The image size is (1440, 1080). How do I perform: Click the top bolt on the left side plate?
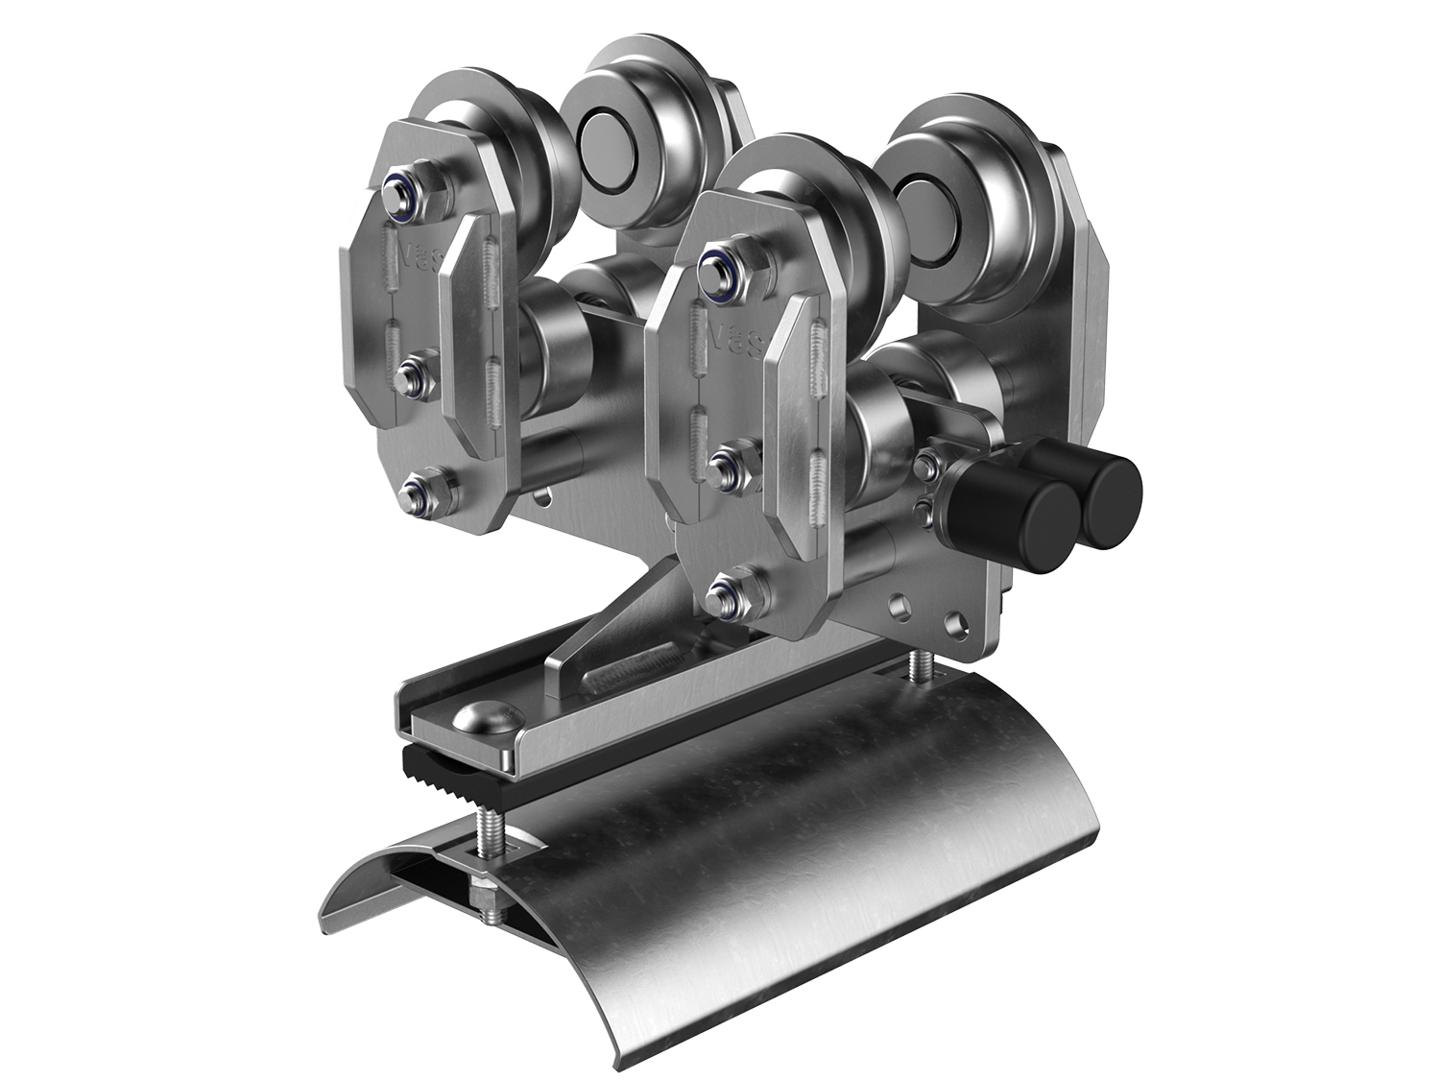click(396, 189)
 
